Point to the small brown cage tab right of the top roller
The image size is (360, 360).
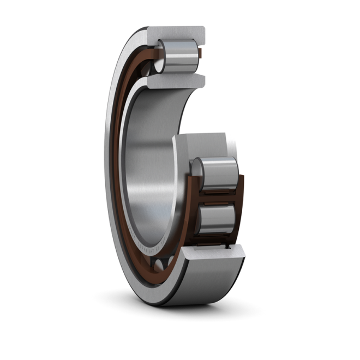(x=200, y=53)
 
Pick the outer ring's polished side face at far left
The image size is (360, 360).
(x=108, y=164)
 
